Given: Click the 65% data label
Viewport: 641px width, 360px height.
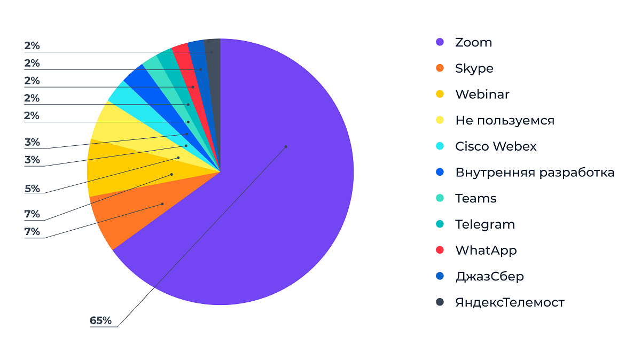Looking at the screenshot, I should tap(100, 320).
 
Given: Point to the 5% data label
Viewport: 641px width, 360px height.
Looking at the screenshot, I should tap(32, 189).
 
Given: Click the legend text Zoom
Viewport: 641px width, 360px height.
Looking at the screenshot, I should tap(473, 42).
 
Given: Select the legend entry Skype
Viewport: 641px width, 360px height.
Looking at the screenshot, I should tap(474, 68).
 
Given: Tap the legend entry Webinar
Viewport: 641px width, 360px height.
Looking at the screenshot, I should tap(482, 95).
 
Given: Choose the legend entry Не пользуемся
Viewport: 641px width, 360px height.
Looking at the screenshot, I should tap(504, 121).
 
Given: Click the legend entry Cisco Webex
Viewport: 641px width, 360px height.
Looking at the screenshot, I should tap(496, 146).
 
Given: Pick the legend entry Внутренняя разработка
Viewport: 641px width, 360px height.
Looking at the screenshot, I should tap(534, 173).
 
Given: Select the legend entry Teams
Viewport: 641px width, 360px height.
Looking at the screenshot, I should tap(475, 199).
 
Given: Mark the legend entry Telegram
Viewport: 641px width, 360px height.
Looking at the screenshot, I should tap(484, 224).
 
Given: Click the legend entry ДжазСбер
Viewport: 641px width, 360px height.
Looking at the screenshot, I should tap(489, 276).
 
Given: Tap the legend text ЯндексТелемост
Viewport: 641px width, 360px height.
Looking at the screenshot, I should tap(510, 302).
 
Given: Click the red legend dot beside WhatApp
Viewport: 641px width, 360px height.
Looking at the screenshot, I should tap(440, 250).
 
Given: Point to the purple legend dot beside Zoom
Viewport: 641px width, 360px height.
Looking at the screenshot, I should tap(440, 42).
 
